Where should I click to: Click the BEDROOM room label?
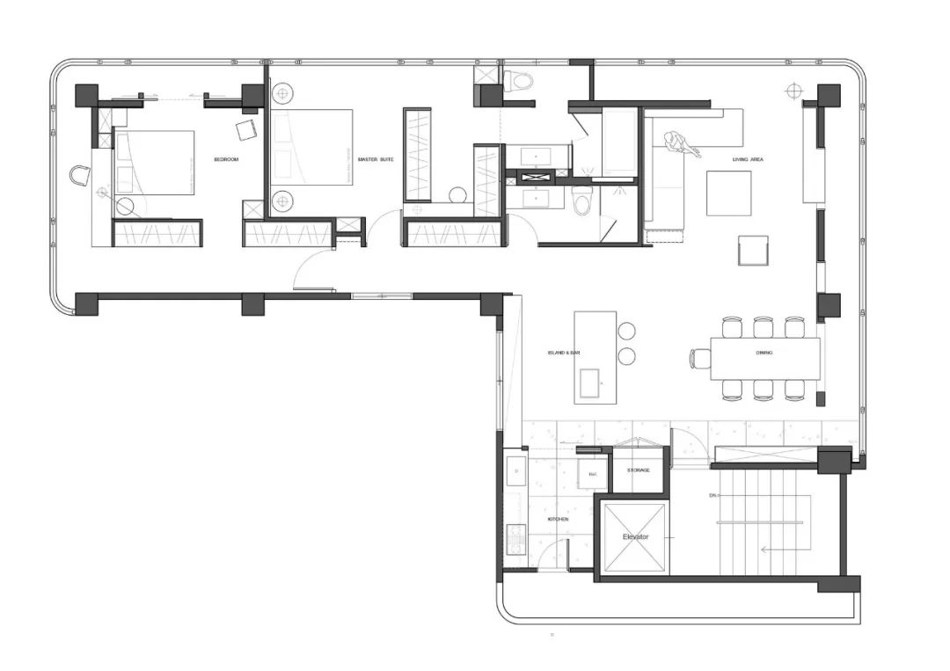(x=226, y=159)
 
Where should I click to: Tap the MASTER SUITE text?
(x=375, y=159)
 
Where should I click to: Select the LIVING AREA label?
(x=748, y=159)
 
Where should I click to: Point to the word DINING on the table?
(x=764, y=353)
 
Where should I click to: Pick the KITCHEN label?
(x=559, y=519)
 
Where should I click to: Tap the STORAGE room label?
(x=639, y=470)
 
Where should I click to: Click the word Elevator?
(x=635, y=536)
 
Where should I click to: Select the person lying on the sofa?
(x=683, y=143)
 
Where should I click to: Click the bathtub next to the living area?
(x=619, y=142)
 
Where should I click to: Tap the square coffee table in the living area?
(x=728, y=193)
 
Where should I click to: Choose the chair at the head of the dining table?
(x=700, y=357)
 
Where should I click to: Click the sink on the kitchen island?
(x=588, y=383)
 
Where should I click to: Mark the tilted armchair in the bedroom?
(x=245, y=130)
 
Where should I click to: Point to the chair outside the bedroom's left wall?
(x=81, y=175)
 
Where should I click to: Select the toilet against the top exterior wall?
(x=521, y=83)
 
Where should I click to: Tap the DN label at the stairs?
(x=712, y=496)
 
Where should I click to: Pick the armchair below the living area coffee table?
(x=754, y=250)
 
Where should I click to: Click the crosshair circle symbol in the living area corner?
(x=794, y=90)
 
